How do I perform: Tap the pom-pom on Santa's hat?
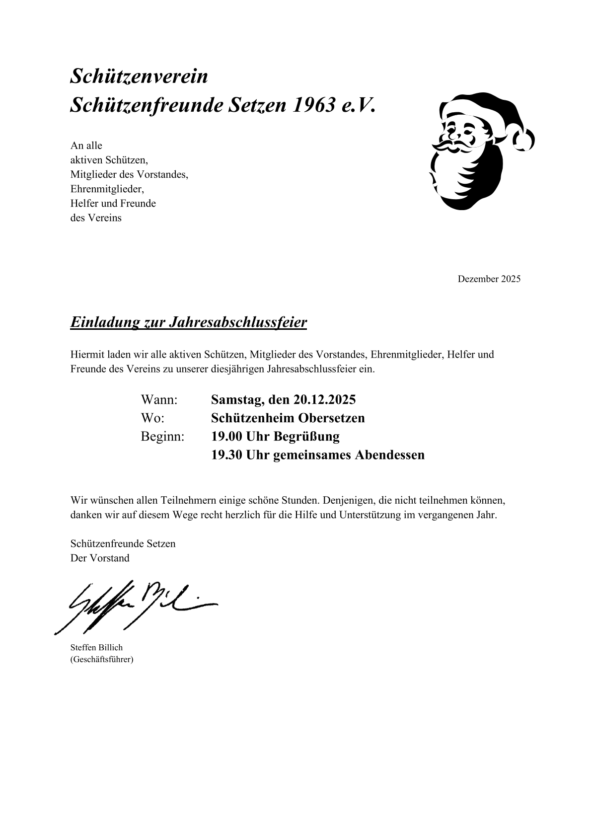pyautogui.click(x=523, y=139)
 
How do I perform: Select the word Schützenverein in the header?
pyautogui.click(x=139, y=76)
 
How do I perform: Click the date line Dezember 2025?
pyautogui.click(x=489, y=279)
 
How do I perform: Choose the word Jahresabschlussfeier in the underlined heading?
pyautogui.click(x=237, y=322)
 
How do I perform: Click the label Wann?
pyautogui.click(x=159, y=399)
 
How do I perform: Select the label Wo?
pyautogui.click(x=152, y=418)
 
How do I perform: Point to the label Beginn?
pyautogui.click(x=162, y=436)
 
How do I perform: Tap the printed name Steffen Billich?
pyautogui.click(x=96, y=647)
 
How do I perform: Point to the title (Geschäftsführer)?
pyautogui.click(x=102, y=660)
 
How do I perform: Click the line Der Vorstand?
pyautogui.click(x=100, y=558)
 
